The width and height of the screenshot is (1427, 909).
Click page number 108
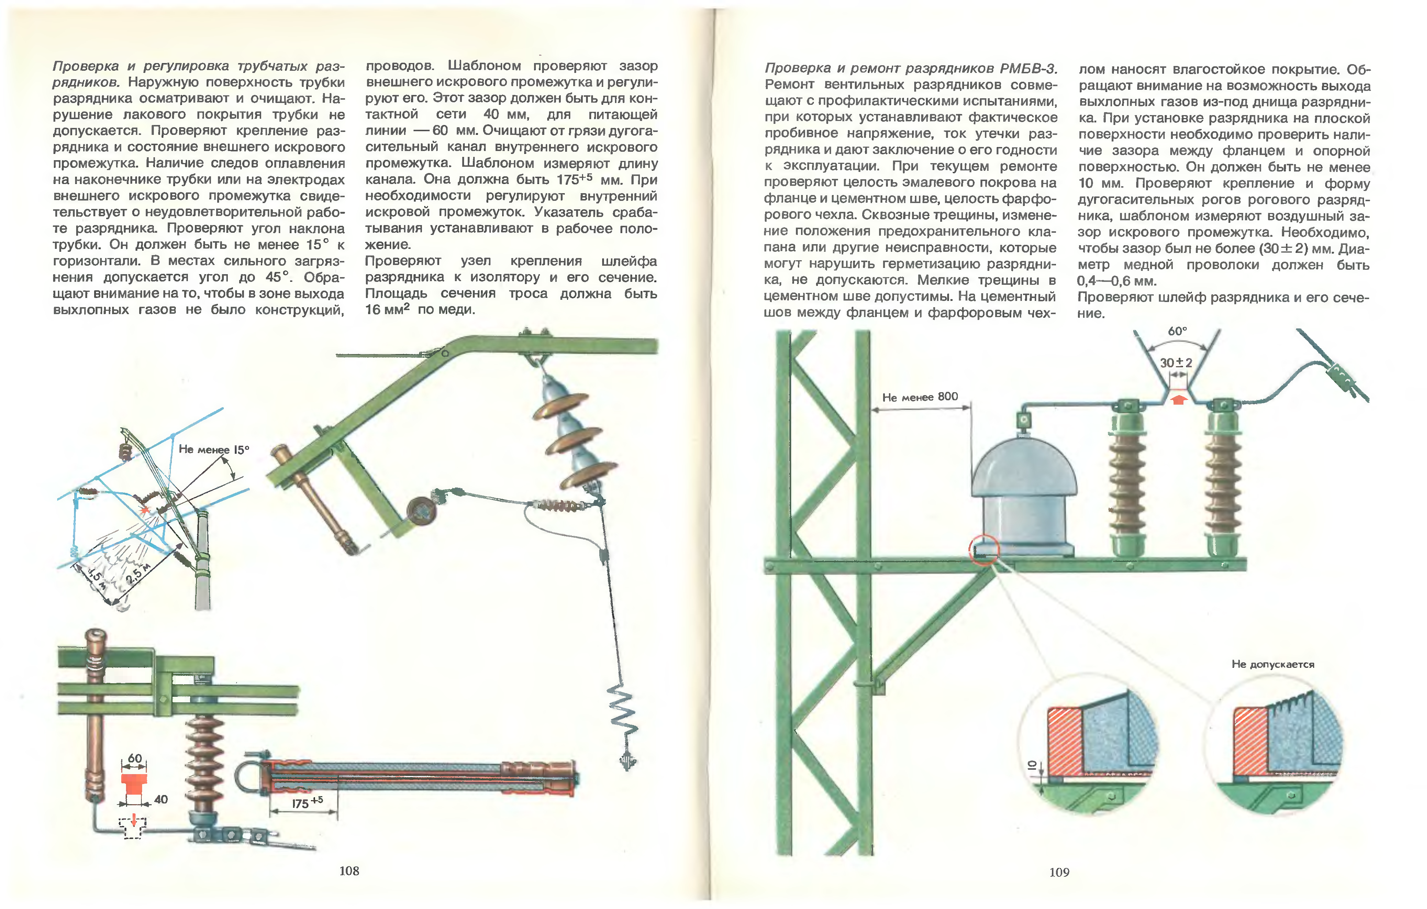[x=349, y=871]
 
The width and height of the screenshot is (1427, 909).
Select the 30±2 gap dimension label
[x=1176, y=362]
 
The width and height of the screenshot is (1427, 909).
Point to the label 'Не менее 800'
[x=920, y=397]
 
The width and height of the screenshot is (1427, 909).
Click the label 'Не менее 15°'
[x=214, y=449]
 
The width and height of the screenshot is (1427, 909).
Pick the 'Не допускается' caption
[x=1273, y=664]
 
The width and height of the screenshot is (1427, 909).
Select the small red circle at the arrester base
[x=984, y=550]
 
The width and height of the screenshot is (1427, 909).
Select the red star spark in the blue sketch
[x=144, y=510]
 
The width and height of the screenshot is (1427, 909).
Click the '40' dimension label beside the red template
[x=160, y=799]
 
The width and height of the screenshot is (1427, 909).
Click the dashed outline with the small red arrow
[x=133, y=827]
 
